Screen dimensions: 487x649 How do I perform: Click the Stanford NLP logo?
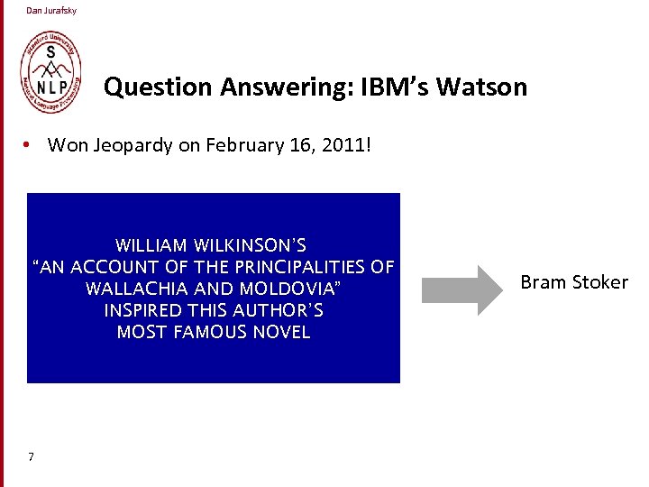coord(50,73)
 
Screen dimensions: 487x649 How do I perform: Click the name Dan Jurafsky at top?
coord(51,11)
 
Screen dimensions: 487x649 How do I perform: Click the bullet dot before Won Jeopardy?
coord(30,145)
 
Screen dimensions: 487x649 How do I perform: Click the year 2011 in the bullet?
coord(339,145)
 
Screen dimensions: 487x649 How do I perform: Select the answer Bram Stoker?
coord(574,282)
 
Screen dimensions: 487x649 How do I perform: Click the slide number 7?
coord(31,457)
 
